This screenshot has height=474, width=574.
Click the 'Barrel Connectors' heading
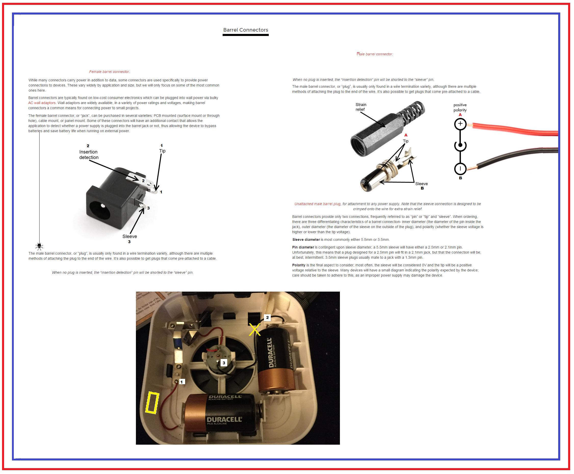[x=245, y=30]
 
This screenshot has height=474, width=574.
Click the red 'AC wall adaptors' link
[x=42, y=103]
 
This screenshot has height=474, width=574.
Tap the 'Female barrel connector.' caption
[x=109, y=72]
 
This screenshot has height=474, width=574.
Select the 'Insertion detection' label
[x=89, y=155]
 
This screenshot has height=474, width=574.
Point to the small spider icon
[x=39, y=246]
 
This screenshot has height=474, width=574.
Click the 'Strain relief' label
[x=361, y=107]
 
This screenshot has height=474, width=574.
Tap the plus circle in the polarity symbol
[x=460, y=124]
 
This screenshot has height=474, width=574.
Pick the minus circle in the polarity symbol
[x=460, y=169]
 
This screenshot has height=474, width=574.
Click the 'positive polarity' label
[x=460, y=108]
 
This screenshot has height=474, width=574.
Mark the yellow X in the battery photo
[x=255, y=330]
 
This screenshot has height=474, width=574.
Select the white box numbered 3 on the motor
[x=224, y=363]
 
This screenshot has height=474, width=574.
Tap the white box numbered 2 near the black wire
[x=267, y=317]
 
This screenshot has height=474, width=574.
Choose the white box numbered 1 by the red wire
[x=182, y=382]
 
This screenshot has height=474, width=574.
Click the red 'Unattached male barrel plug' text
[x=317, y=204]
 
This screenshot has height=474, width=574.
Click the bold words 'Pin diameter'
[x=303, y=247]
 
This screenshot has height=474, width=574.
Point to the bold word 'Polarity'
[x=299, y=265]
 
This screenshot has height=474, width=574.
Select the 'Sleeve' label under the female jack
[x=130, y=236]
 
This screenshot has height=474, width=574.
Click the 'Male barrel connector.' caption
[x=375, y=54]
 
